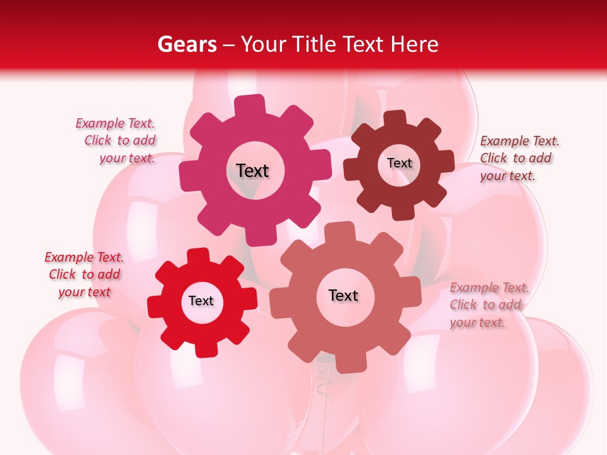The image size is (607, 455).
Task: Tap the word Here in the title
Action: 414,44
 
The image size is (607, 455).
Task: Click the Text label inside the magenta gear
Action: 252,171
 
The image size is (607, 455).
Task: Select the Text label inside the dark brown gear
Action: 399,163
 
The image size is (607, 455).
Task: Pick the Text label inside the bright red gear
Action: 201,301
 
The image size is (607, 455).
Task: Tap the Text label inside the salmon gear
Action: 343,296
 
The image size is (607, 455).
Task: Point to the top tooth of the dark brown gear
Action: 395,119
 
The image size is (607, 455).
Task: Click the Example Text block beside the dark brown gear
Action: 519,159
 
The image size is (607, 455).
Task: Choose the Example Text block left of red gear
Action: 84,275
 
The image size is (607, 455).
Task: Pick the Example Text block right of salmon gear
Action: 489,305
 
